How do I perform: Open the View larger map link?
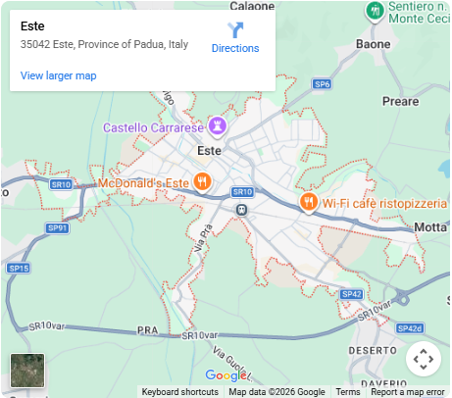[58, 75]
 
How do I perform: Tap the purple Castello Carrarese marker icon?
[219, 126]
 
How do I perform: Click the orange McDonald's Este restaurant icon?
[202, 181]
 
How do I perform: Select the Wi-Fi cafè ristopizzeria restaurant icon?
[307, 202]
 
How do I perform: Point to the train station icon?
[241, 209]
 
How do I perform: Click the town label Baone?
[374, 44]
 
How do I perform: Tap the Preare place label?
[401, 101]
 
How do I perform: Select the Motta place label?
[430, 227]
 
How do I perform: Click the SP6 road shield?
[322, 84]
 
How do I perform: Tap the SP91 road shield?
[58, 228]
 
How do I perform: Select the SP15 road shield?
[18, 268]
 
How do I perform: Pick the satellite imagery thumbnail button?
[27, 371]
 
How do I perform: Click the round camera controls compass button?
[424, 359]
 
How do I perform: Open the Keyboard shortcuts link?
[179, 392]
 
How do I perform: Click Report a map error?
[407, 392]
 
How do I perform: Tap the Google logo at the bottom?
[226, 375]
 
